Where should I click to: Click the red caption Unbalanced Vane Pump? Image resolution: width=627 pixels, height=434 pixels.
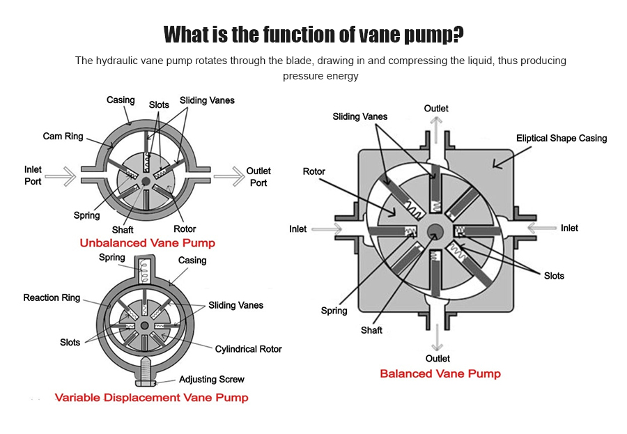(147, 243)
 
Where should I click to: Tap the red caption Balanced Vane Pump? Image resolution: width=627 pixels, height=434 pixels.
(440, 373)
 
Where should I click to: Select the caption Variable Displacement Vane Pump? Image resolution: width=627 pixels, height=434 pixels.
(151, 398)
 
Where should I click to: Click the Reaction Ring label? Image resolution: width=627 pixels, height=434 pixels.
(52, 297)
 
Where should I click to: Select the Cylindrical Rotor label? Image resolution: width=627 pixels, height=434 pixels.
(248, 349)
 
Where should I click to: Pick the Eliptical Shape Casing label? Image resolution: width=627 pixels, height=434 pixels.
(562, 138)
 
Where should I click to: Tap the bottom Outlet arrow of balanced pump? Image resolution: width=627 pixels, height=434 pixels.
(436, 339)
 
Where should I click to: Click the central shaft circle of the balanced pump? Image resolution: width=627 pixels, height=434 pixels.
(437, 232)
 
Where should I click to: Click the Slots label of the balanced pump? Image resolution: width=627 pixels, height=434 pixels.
(554, 276)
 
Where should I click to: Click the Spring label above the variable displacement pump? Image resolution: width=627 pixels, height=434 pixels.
(111, 257)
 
